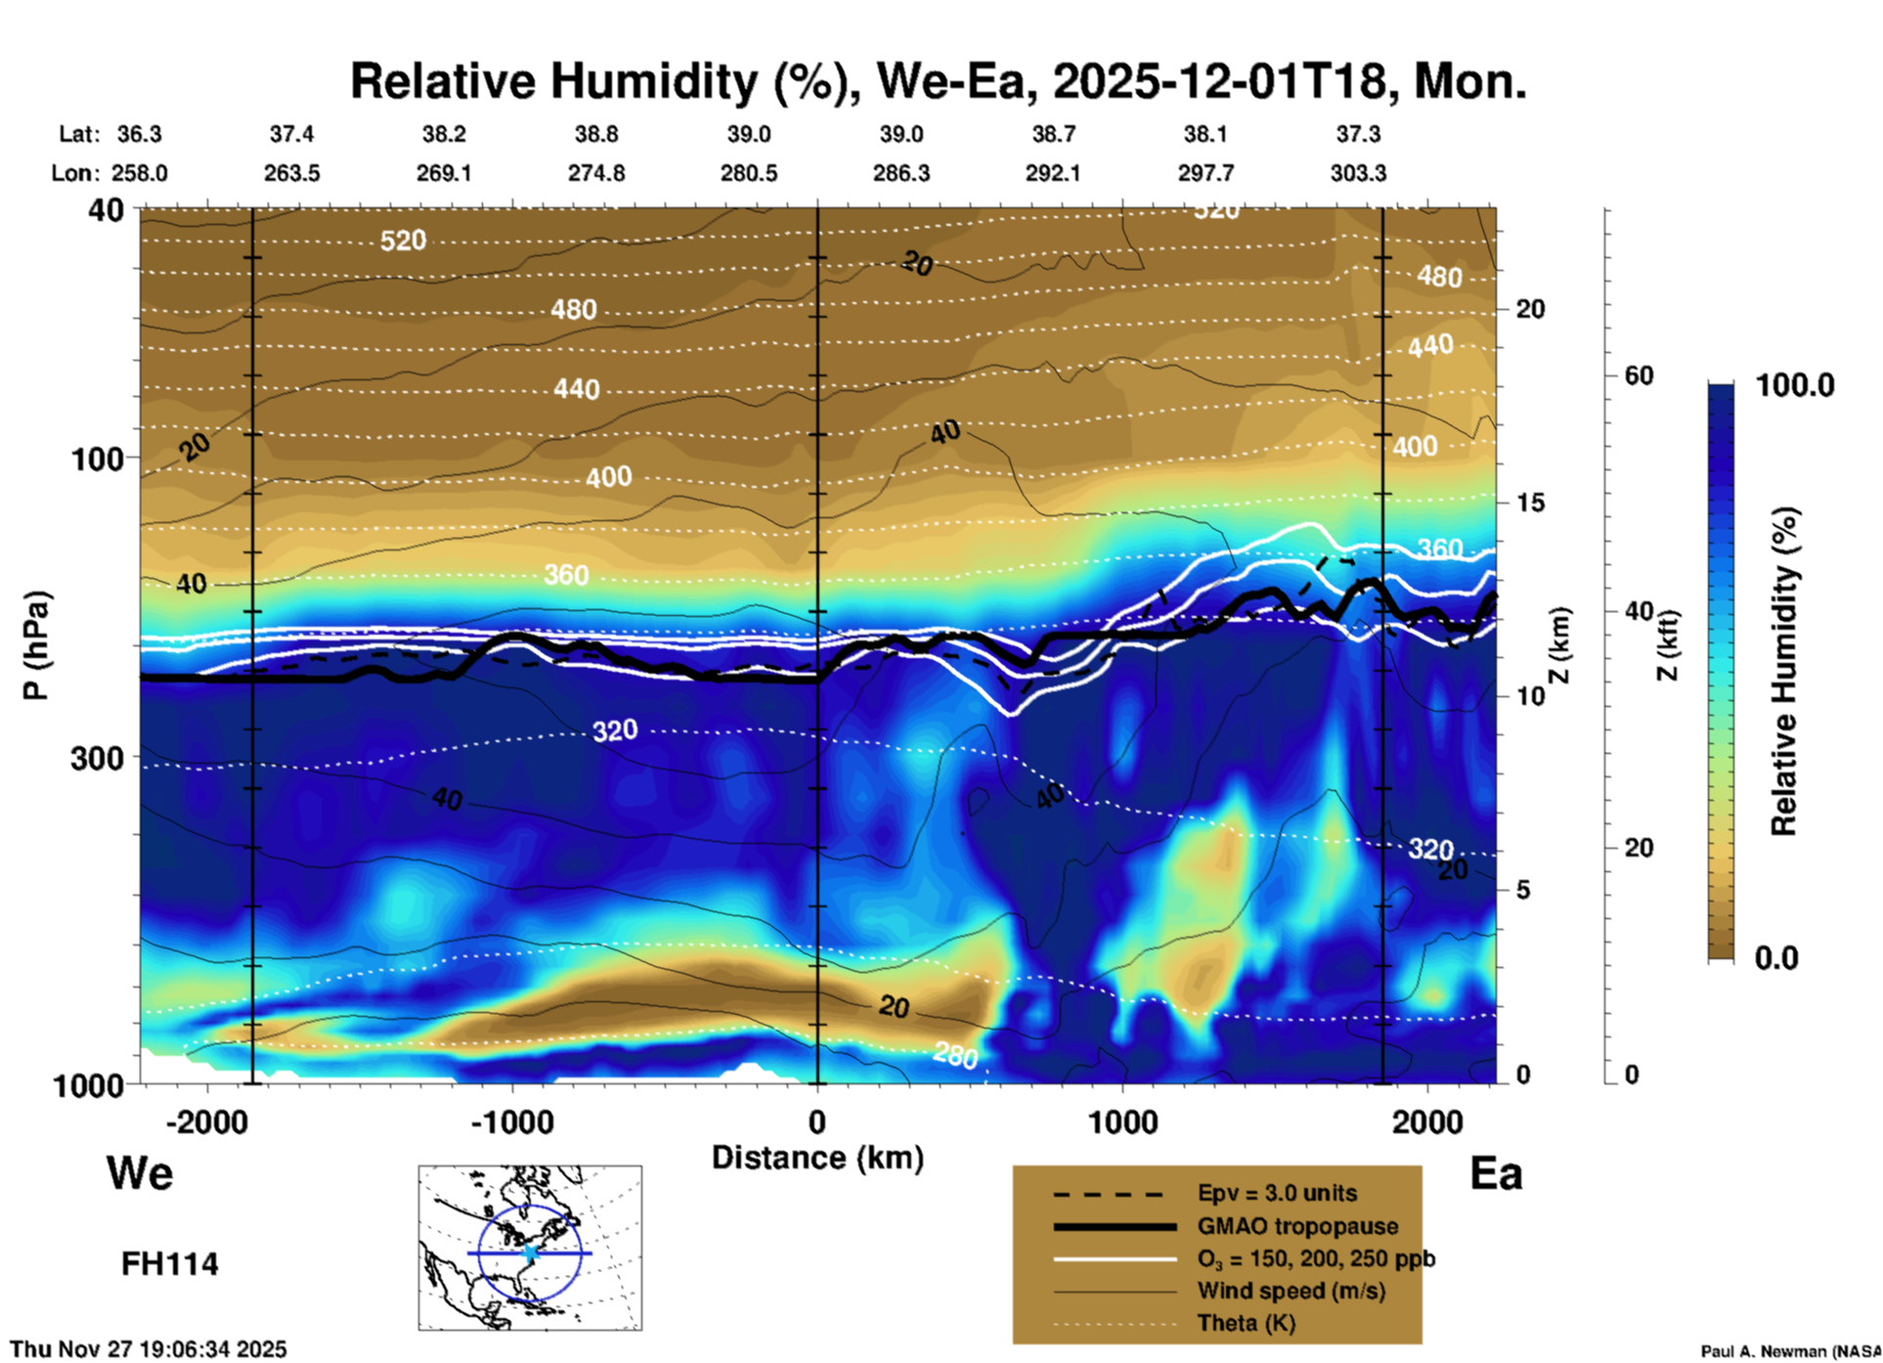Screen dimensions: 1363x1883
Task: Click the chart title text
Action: pos(938,81)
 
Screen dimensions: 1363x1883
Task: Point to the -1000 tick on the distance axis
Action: pos(511,1121)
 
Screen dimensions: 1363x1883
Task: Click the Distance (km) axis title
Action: pos(817,1158)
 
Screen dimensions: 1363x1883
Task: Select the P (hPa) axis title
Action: pos(36,645)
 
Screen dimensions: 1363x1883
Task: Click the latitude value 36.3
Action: pos(139,134)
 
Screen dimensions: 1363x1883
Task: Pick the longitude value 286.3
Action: pos(900,173)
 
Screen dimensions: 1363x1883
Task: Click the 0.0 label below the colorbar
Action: pos(1776,958)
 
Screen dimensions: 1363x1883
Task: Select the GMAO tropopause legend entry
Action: pos(1297,1226)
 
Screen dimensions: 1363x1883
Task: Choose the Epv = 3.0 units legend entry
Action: pos(1277,1193)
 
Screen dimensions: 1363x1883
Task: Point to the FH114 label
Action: pos(169,1264)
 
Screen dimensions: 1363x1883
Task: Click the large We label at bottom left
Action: pos(140,1172)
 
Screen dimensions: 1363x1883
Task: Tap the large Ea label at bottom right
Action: pos(1496,1173)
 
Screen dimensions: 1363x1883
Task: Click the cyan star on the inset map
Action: pos(530,1253)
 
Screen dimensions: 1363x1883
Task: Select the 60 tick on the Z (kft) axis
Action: pos(1639,375)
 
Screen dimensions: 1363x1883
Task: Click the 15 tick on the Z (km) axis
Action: pos(1530,503)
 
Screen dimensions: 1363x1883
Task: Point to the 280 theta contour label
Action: pos(955,1055)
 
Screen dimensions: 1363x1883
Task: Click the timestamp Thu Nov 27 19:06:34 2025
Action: pos(149,1349)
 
